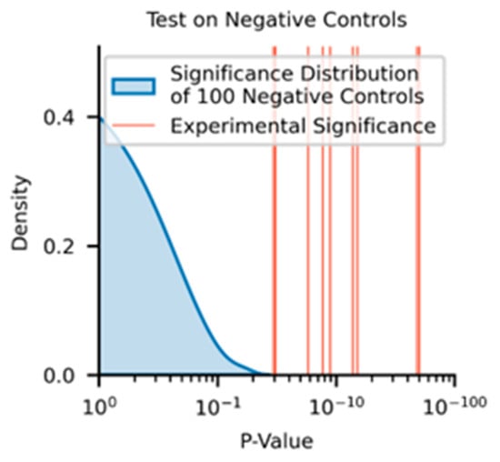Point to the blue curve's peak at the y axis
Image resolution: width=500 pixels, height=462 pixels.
100,118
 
